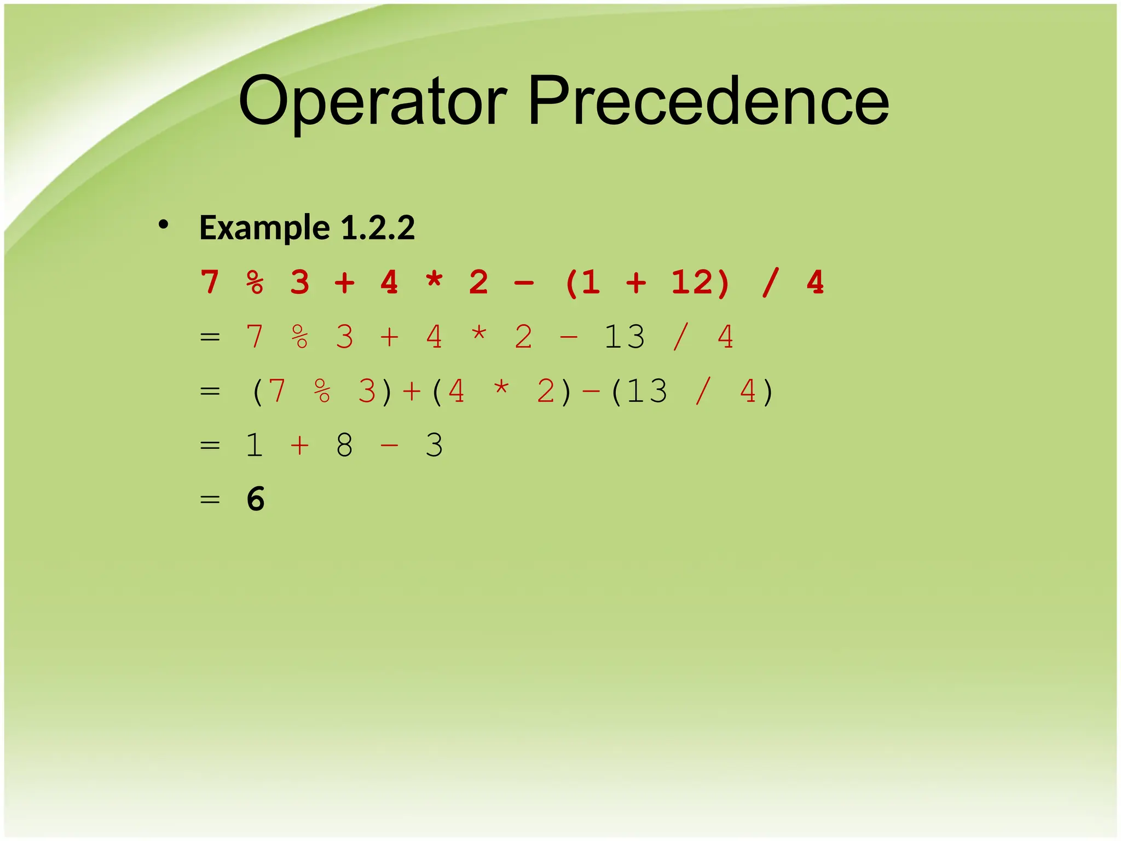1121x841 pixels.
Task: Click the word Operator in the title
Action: (x=373, y=102)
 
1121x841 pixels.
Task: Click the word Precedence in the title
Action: (x=708, y=102)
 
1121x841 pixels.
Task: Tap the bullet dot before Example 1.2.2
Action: (x=163, y=224)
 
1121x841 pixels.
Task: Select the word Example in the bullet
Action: (x=264, y=228)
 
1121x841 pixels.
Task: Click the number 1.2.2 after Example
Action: (x=378, y=228)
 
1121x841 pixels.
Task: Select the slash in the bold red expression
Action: (x=770, y=283)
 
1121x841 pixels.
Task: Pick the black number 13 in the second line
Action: (x=625, y=337)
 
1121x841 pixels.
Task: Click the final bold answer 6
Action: (x=256, y=499)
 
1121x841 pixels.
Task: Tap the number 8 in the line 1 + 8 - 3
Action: (x=344, y=445)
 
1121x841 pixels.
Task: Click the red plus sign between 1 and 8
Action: (x=299, y=445)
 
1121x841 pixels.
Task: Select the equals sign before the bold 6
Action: (x=210, y=499)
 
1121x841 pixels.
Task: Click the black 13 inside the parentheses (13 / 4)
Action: (x=647, y=391)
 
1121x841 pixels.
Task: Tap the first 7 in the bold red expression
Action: (x=210, y=283)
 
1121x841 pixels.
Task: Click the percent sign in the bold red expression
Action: (x=255, y=283)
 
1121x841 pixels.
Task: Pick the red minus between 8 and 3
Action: (x=389, y=445)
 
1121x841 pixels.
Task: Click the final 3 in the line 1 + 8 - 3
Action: (x=434, y=445)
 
